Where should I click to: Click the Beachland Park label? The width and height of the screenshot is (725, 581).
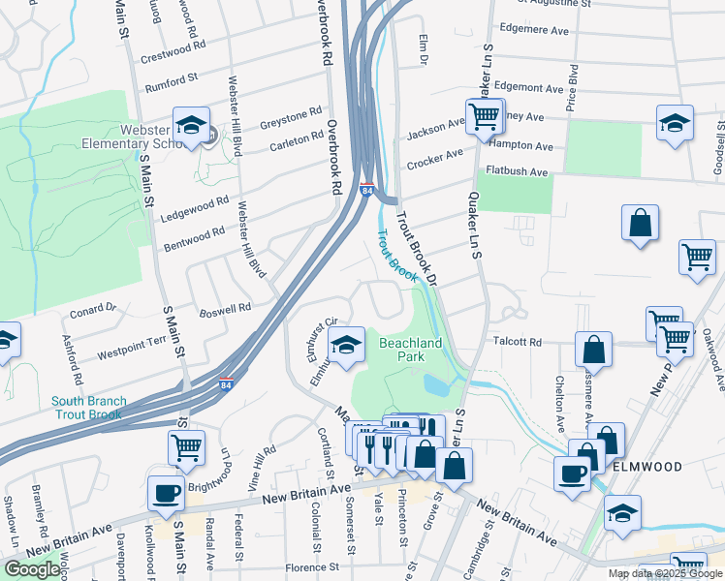[x=411, y=350]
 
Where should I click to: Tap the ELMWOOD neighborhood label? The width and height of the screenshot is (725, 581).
[x=647, y=466]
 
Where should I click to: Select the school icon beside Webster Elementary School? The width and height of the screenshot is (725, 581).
[x=192, y=125]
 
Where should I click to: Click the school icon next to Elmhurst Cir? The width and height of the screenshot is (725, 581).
[x=346, y=344]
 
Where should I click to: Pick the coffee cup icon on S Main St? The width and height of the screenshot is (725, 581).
[x=165, y=493]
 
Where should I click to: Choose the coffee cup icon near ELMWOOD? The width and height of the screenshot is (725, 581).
[x=573, y=474]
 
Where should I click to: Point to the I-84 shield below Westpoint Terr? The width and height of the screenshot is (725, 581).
[x=225, y=384]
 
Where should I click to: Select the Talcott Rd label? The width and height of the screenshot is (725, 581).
[x=518, y=342]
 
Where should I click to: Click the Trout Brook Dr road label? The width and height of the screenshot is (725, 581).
[x=420, y=247]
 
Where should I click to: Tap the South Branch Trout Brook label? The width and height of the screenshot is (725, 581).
[x=87, y=408]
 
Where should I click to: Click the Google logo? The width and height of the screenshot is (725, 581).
[x=32, y=569]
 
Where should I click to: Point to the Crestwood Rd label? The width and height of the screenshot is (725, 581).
[x=173, y=51]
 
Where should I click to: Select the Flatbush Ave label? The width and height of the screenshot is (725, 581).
[x=518, y=172]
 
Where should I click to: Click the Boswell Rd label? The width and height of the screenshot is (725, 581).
[x=225, y=310]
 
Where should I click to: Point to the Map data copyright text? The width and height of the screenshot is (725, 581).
[x=665, y=573]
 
